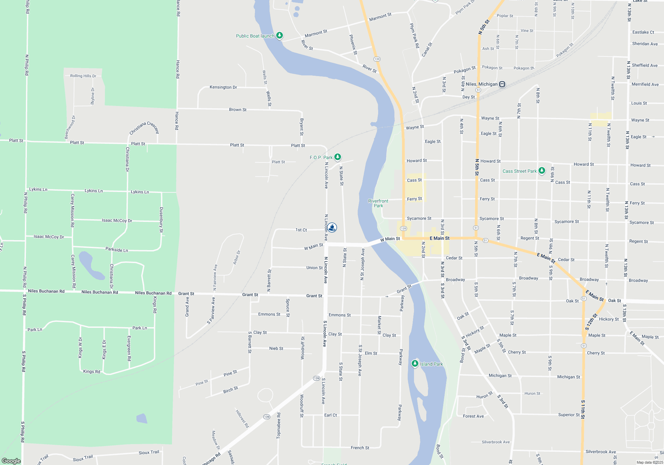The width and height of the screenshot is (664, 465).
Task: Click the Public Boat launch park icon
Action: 280,35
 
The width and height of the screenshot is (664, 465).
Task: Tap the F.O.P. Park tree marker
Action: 338,157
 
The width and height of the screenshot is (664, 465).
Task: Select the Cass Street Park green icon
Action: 542,171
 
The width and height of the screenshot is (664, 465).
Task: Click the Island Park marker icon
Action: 415,364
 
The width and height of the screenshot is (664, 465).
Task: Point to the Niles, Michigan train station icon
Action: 502,84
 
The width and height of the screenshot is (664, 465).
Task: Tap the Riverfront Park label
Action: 378,203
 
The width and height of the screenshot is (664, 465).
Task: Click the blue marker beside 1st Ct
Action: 332,228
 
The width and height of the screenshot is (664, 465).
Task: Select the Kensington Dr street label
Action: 223,87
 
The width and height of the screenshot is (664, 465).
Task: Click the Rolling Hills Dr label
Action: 83,76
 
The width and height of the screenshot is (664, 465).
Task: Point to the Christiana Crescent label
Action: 144,128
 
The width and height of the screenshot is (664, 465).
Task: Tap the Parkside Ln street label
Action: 117,249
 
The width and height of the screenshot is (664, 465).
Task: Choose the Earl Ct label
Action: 330,415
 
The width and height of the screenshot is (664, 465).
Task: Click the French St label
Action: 360,448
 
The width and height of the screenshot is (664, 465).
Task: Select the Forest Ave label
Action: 473,416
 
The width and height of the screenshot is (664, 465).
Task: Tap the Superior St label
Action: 569,415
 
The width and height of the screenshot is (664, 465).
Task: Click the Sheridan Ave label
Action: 645,44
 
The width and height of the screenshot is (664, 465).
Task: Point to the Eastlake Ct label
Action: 643,32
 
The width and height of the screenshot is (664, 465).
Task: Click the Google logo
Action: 11,461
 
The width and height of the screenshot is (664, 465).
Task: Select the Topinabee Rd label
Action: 279,425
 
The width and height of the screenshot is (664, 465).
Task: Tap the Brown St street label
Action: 238,110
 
